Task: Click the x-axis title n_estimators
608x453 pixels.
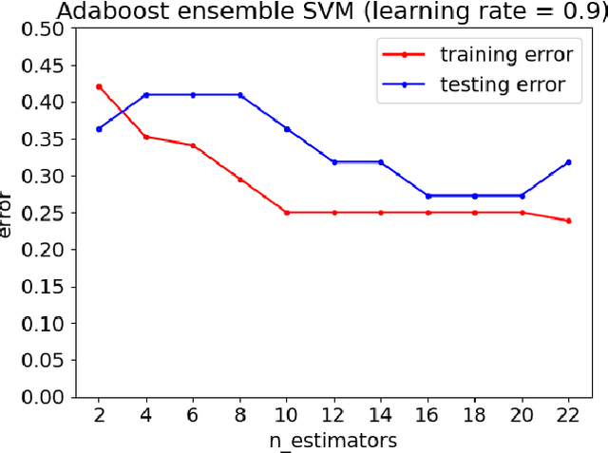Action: tap(333, 440)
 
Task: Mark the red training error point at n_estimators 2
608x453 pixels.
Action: tap(100, 86)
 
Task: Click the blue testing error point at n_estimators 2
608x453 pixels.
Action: tap(100, 128)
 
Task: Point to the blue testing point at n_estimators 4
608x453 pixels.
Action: tap(146, 95)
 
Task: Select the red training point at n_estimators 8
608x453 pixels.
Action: tap(239, 179)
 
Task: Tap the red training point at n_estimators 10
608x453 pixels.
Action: tap(287, 213)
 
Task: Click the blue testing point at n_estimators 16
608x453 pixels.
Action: tap(427, 196)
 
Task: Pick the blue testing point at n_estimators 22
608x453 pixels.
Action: tap(568, 162)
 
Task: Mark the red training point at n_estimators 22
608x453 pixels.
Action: tap(568, 220)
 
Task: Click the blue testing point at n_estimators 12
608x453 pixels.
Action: tap(333, 162)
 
